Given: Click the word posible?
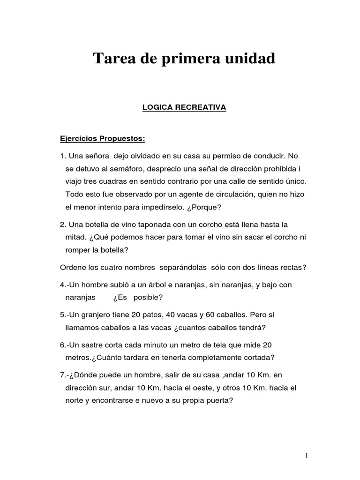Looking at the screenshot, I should tap(148, 297).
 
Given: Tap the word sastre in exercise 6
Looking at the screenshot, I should tap(101, 345).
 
